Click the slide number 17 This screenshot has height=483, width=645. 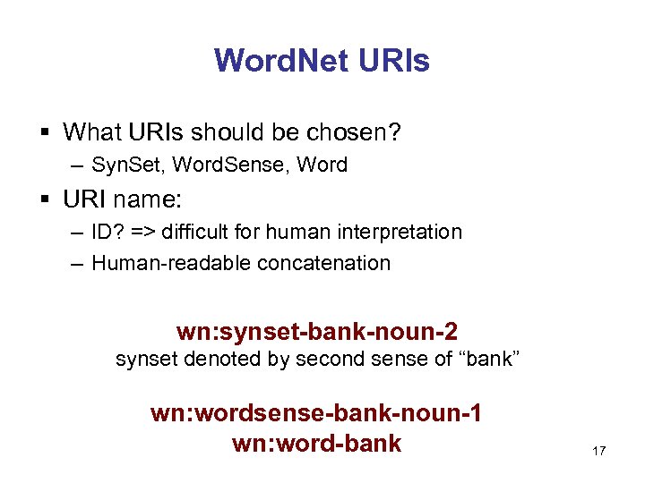coord(598,451)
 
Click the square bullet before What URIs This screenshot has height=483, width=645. coord(44,133)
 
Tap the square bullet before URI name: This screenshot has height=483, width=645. coord(44,199)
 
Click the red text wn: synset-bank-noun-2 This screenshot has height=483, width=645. coord(317,332)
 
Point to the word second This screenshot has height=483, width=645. coord(327,360)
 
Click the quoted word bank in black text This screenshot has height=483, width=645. coord(489,360)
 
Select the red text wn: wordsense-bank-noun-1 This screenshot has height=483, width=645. coord(316,414)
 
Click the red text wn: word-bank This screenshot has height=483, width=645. coord(316,443)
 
